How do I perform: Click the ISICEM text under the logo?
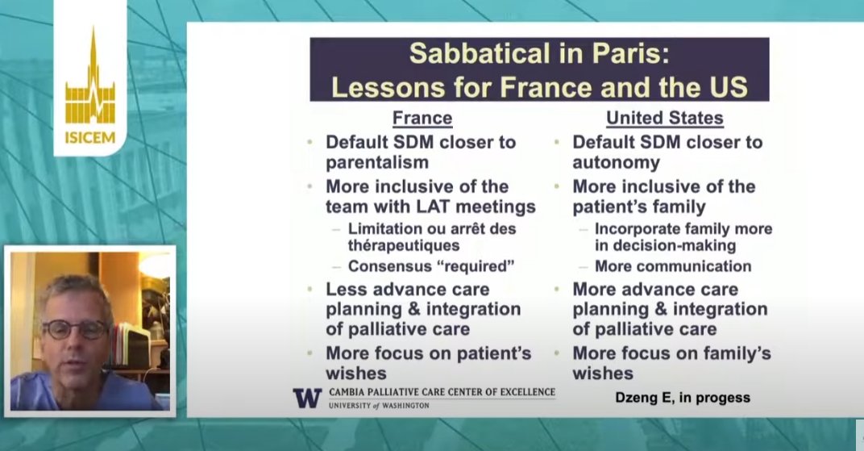(89, 138)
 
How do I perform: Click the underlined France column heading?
(422, 119)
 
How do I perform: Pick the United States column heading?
(665, 119)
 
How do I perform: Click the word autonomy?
(616, 163)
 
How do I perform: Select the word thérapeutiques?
(404, 244)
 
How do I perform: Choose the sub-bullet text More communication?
(673, 266)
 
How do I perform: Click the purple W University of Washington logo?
(306, 398)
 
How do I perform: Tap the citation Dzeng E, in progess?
(681, 397)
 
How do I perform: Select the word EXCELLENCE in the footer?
(517, 392)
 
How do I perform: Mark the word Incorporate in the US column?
(636, 228)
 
